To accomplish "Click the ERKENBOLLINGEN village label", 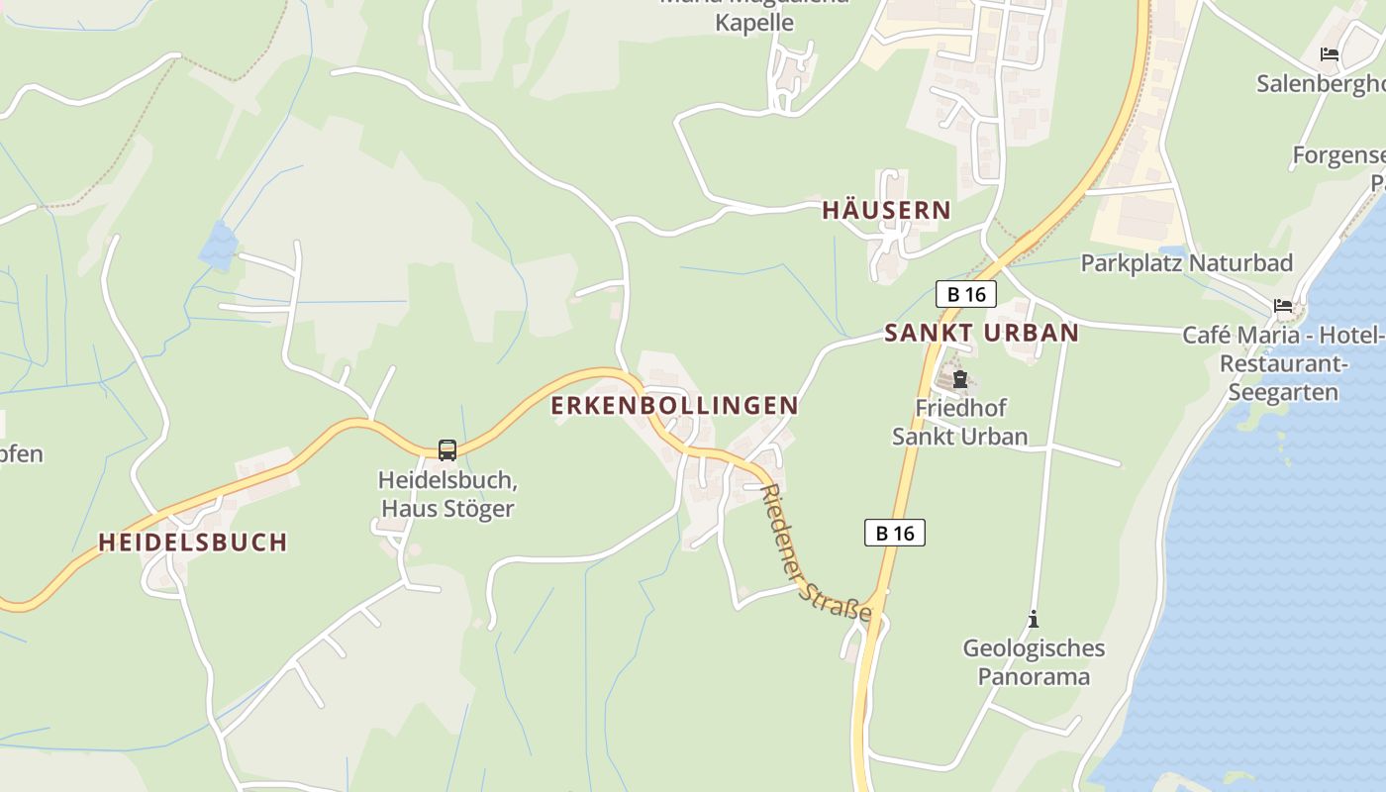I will tap(674, 405).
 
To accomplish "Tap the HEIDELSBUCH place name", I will tap(193, 542).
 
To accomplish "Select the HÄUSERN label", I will tap(886, 210).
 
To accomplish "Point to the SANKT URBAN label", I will tap(981, 333).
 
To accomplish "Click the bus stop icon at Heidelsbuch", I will tap(447, 450).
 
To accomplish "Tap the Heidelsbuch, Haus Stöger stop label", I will tap(447, 495).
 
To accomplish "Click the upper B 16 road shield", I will tap(966, 294).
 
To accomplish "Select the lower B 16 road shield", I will tap(894, 533).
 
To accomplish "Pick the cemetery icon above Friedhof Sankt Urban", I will tap(959, 379).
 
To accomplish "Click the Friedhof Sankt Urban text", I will tap(959, 422).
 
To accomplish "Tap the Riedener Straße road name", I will tap(816, 551).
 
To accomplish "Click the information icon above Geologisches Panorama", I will tap(1034, 620).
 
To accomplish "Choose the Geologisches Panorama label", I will tap(1034, 662).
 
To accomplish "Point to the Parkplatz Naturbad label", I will tap(1186, 263).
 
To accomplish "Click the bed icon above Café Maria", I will tap(1283, 306).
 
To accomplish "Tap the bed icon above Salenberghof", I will tap(1330, 54).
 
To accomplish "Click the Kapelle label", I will tap(754, 22).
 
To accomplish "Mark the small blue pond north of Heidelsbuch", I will tap(219, 245).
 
